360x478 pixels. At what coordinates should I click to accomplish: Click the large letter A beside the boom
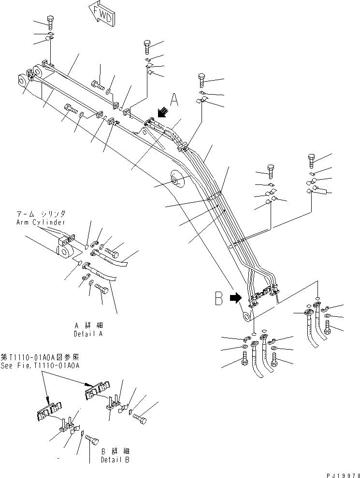(174, 100)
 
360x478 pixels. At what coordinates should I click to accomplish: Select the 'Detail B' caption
(115, 460)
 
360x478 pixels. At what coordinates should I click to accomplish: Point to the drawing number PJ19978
(340, 474)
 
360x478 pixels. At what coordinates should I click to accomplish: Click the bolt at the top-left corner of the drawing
(50, 21)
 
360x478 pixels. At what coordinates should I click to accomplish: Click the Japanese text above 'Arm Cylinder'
(44, 213)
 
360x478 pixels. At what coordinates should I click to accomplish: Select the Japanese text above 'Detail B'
(114, 451)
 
